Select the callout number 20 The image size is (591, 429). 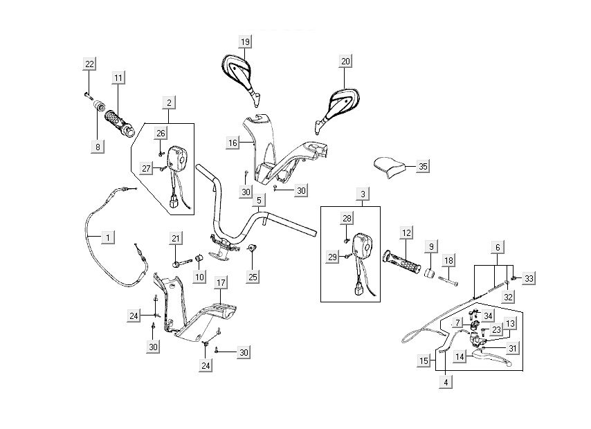click(x=345, y=62)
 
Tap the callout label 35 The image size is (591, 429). click(x=424, y=166)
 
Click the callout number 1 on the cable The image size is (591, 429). click(x=107, y=237)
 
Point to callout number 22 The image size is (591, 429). click(x=89, y=64)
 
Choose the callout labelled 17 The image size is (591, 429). click(x=221, y=282)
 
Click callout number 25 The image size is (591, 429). click(x=253, y=277)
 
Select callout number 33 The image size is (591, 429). click(x=529, y=279)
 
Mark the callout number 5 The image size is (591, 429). click(x=258, y=201)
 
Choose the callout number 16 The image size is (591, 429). click(x=233, y=143)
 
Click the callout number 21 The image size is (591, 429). click(x=176, y=239)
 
